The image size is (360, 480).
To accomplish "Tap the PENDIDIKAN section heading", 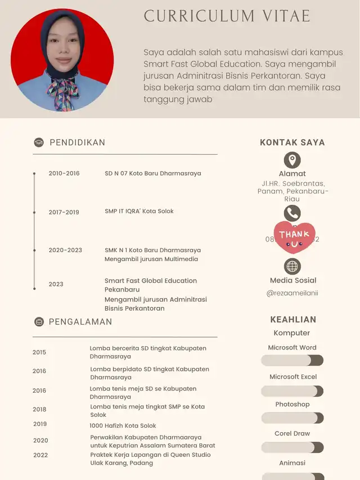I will (77, 142).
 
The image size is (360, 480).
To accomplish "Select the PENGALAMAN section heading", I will (80, 322).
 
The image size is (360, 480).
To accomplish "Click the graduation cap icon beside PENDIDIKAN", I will (39, 142).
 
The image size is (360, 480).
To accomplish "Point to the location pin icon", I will (292, 160).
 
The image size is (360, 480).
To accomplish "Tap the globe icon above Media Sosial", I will (292, 266).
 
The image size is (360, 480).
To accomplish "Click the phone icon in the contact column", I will (292, 213).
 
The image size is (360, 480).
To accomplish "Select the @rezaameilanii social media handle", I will (292, 293).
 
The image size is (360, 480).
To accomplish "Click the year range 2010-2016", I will (64, 173).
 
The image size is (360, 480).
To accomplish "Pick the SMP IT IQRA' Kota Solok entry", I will (139, 211).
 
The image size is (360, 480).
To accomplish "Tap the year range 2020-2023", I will (65, 250).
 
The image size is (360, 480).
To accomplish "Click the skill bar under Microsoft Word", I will (292, 361).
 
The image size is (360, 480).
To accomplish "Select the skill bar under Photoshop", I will (292, 418).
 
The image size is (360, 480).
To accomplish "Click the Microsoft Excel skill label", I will (292, 376).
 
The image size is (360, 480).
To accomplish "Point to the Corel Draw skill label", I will (292, 433).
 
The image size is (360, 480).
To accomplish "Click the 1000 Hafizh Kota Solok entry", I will (123, 425).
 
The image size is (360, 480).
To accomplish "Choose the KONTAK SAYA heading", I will (292, 142).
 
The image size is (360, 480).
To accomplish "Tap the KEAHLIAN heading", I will (293, 319).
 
